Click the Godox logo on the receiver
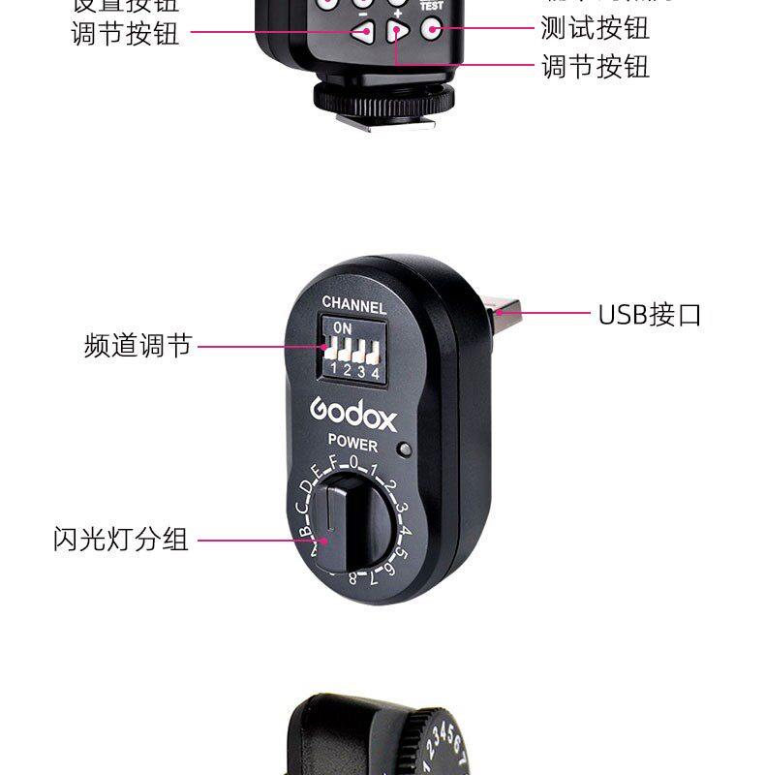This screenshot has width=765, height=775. click(x=353, y=412)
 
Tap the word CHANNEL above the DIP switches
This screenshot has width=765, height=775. click(x=354, y=306)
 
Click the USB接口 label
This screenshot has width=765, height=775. click(x=649, y=314)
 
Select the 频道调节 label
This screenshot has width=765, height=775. click(x=138, y=346)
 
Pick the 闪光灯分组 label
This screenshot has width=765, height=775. click(x=120, y=540)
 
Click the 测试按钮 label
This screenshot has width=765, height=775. click(x=595, y=28)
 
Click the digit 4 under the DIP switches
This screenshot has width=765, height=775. click(x=375, y=372)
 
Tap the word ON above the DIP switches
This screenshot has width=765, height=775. click(x=343, y=328)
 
